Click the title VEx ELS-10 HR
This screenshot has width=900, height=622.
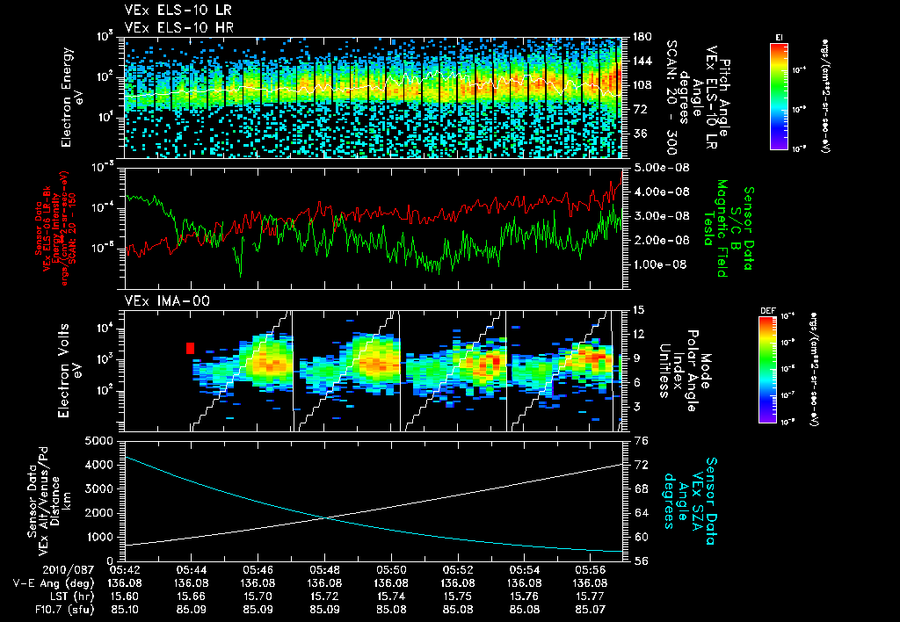tap(169, 26)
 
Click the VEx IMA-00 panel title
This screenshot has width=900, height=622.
tap(160, 300)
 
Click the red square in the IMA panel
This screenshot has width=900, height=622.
tap(190, 348)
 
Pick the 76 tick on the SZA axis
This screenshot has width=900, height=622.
tap(641, 441)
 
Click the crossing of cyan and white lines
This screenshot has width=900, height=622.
tap(326, 517)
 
